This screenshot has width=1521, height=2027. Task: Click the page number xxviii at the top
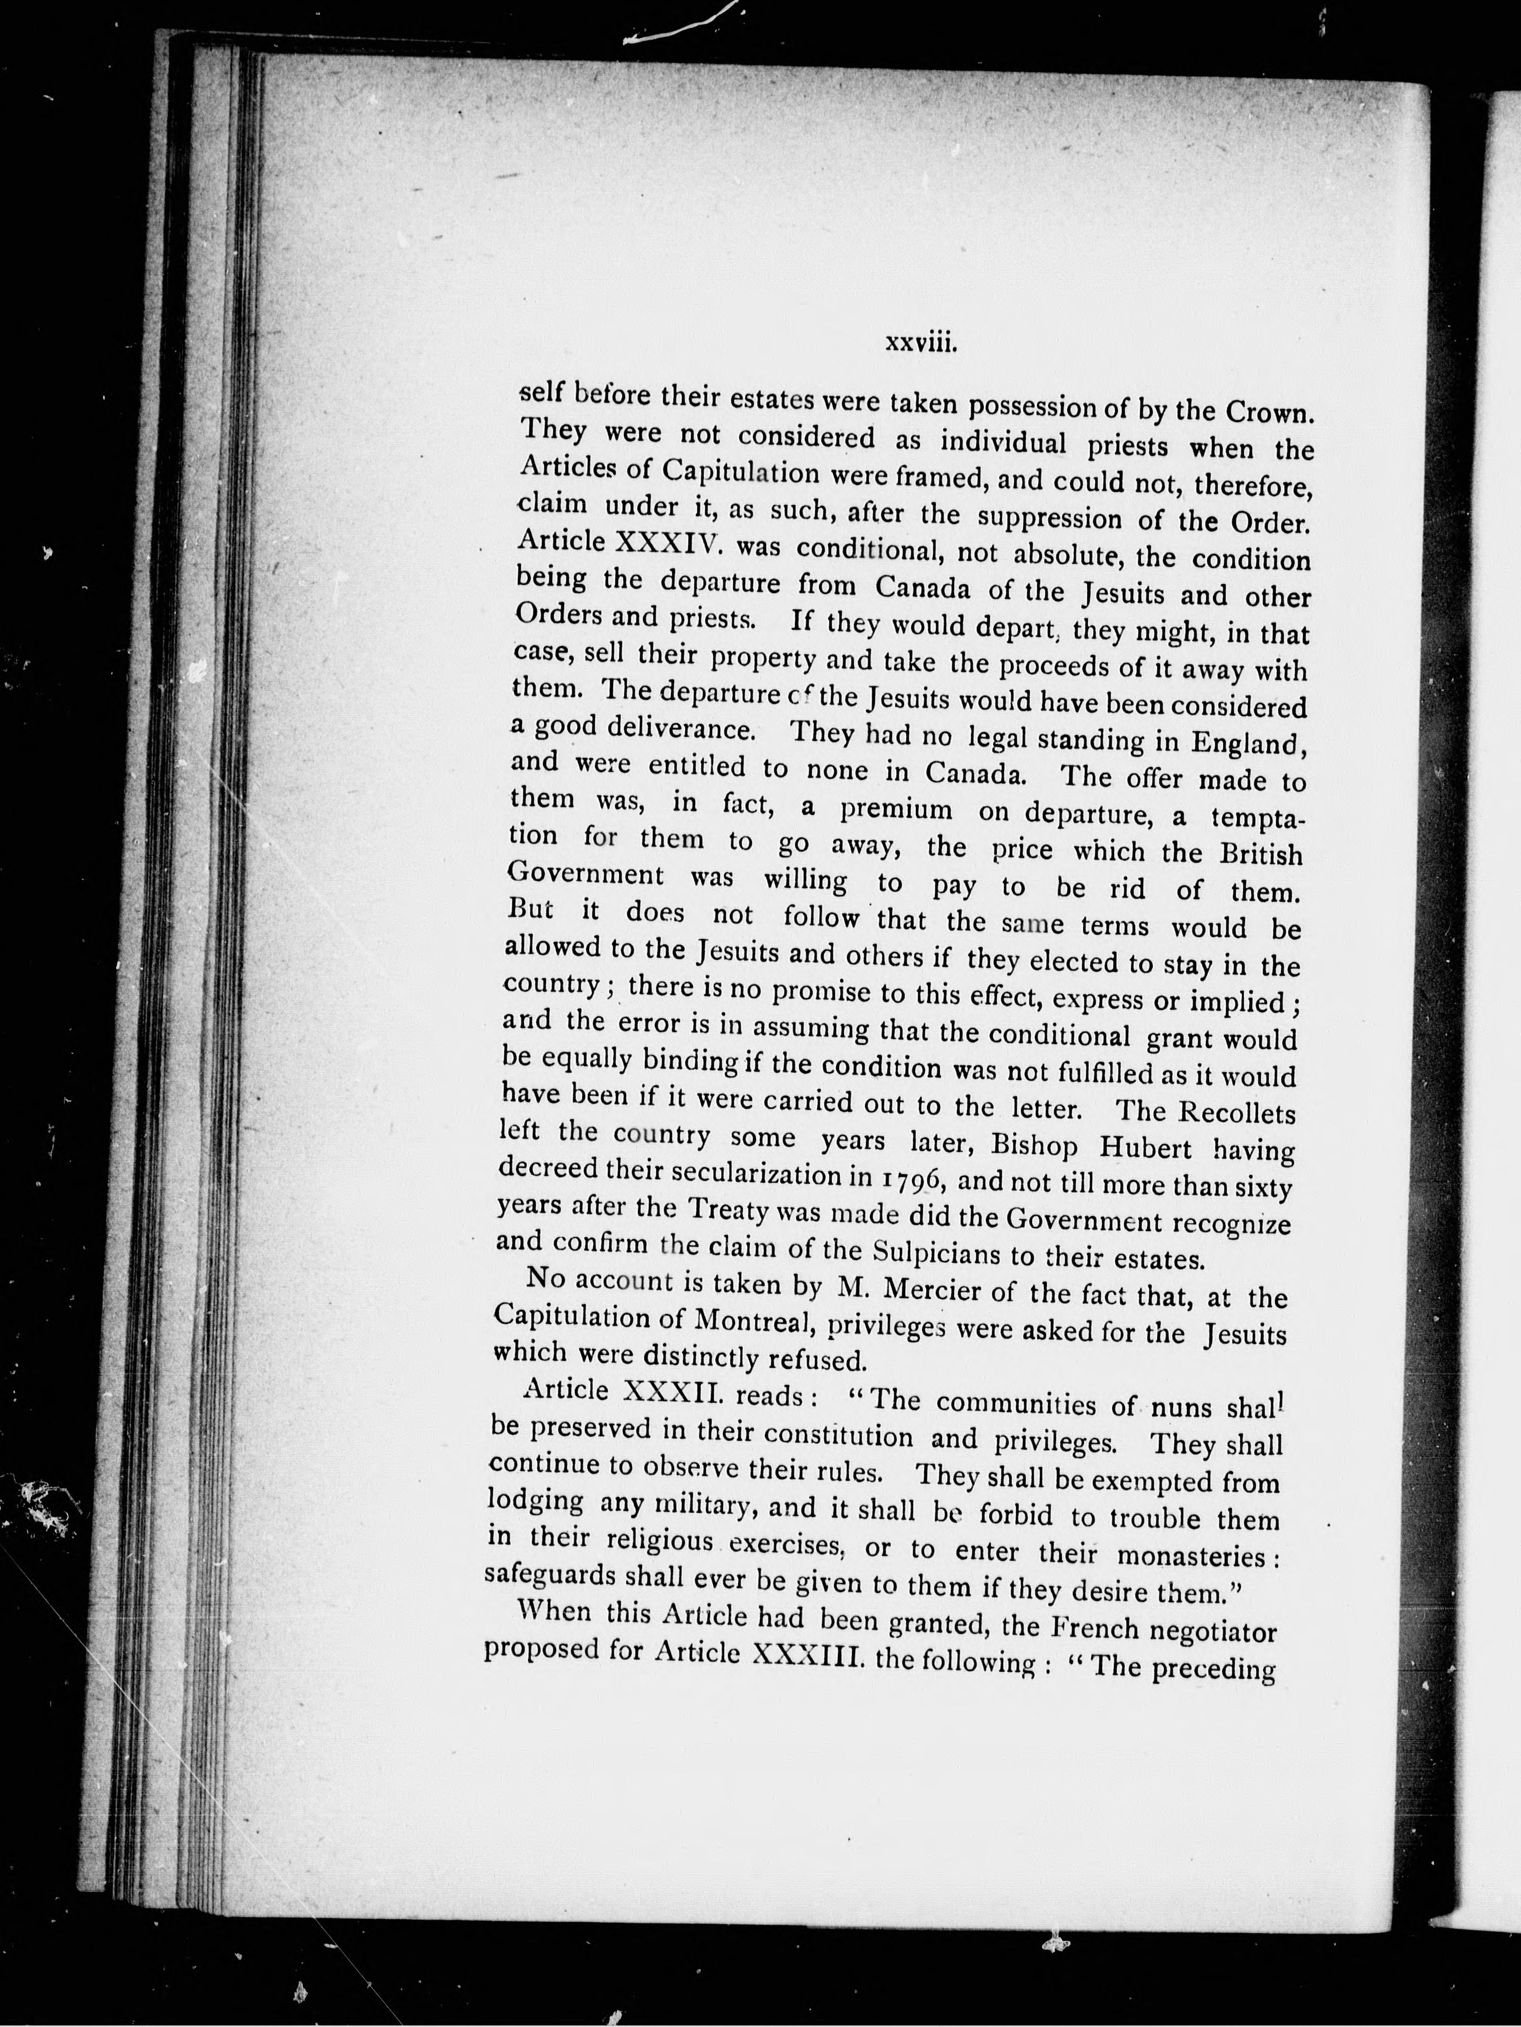point(921,344)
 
